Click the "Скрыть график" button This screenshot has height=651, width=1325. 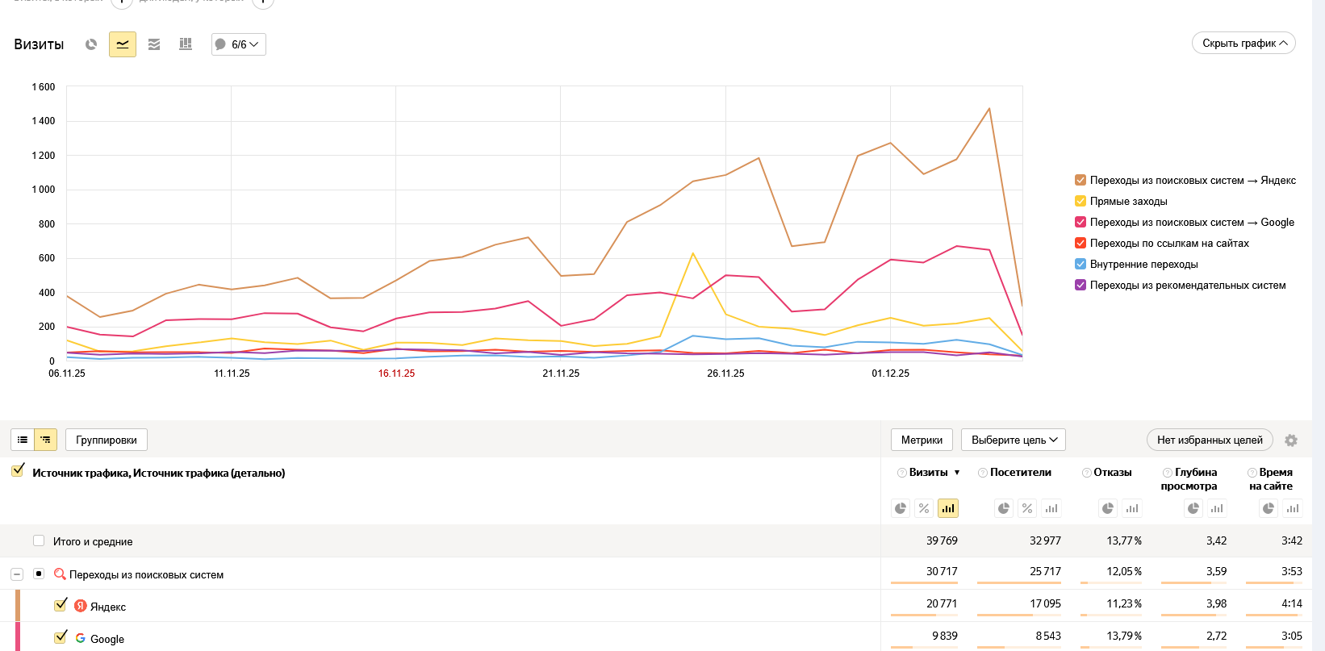(1243, 44)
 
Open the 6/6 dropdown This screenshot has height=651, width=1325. (239, 44)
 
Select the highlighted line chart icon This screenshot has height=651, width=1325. (123, 44)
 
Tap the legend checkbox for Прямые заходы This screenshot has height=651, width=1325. (1080, 202)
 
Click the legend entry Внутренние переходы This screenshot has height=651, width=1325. (1143, 265)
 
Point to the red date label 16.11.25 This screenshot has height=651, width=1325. (396, 373)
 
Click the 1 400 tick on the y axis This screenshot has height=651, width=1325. (44, 121)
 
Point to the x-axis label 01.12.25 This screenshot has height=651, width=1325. (890, 373)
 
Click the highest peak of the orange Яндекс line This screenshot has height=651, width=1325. (989, 109)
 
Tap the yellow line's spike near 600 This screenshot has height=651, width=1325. (693, 254)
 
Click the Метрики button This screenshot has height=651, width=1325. (922, 440)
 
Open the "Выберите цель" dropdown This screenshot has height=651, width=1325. (1014, 440)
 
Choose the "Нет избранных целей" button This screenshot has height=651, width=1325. (1210, 440)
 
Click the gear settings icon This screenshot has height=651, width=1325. (1291, 440)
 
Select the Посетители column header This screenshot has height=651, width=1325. (1020, 473)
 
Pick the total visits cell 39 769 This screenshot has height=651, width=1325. (942, 541)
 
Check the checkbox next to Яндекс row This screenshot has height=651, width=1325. (61, 605)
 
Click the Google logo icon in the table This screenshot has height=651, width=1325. (81, 638)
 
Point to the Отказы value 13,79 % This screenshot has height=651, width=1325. (1123, 636)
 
